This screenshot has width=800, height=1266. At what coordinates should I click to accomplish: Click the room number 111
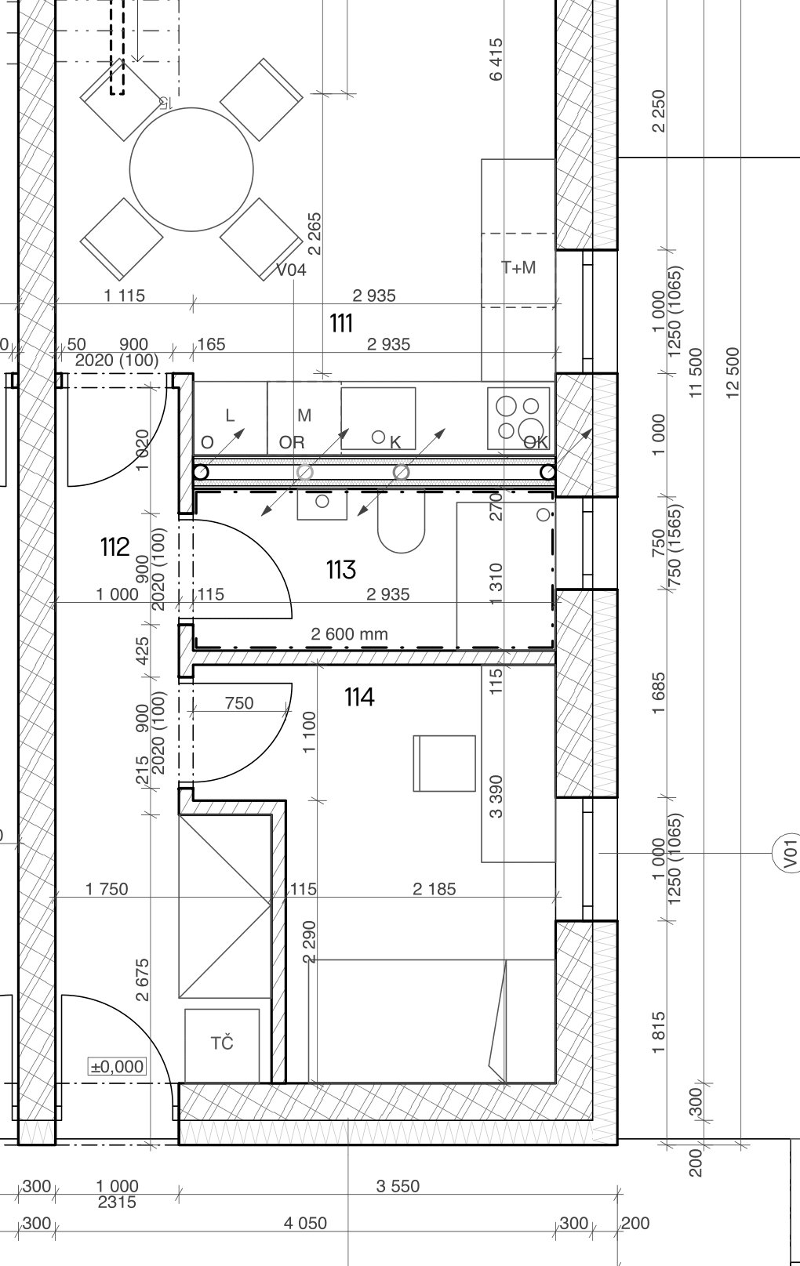pyautogui.click(x=341, y=323)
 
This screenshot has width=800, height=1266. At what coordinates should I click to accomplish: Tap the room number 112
pyautogui.click(x=115, y=546)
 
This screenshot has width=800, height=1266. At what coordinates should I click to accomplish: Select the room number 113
pyautogui.click(x=341, y=570)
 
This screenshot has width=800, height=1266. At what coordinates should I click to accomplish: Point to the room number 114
pyautogui.click(x=359, y=697)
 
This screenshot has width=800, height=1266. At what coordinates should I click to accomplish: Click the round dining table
pyautogui.click(x=191, y=169)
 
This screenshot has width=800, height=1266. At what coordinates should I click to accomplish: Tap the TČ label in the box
pyautogui.click(x=222, y=1043)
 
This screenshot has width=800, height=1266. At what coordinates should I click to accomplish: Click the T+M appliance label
pyautogui.click(x=518, y=267)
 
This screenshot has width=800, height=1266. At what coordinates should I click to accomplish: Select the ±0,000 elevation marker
pyautogui.click(x=117, y=1066)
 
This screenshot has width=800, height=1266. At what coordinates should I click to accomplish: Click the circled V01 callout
pyautogui.click(x=790, y=853)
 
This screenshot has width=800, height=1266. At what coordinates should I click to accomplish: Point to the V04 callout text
pyautogui.click(x=291, y=270)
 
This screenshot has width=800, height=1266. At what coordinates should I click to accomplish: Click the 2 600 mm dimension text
pyautogui.click(x=349, y=634)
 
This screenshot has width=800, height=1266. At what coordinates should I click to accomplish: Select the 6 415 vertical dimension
pyautogui.click(x=496, y=60)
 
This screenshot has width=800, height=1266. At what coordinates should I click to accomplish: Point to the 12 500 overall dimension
pyautogui.click(x=732, y=373)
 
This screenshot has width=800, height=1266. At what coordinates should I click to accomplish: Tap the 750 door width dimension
pyautogui.click(x=239, y=703)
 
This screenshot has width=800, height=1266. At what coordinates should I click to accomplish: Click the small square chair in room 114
pyautogui.click(x=445, y=763)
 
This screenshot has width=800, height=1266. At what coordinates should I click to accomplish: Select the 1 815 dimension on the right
pyautogui.click(x=660, y=1032)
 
